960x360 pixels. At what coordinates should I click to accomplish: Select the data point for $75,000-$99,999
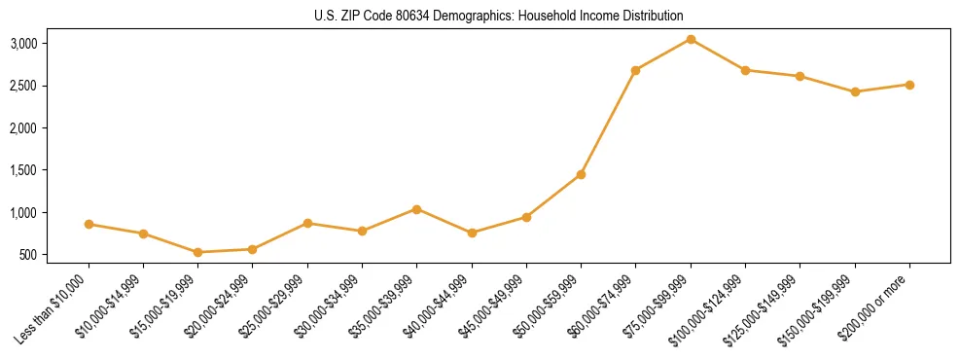691,39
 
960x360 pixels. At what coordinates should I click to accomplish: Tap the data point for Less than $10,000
89,224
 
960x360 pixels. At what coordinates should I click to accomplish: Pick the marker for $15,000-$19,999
198,252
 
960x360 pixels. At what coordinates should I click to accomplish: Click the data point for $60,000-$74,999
635,70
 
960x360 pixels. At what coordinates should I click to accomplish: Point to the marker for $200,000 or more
909,85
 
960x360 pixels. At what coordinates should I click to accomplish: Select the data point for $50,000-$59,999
581,174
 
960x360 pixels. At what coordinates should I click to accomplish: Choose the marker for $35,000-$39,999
416,209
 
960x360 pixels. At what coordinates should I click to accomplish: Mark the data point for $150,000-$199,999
855,91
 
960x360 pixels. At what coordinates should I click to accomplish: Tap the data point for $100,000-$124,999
745,70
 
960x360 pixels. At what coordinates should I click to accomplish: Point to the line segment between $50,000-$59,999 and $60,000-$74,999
608,123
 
